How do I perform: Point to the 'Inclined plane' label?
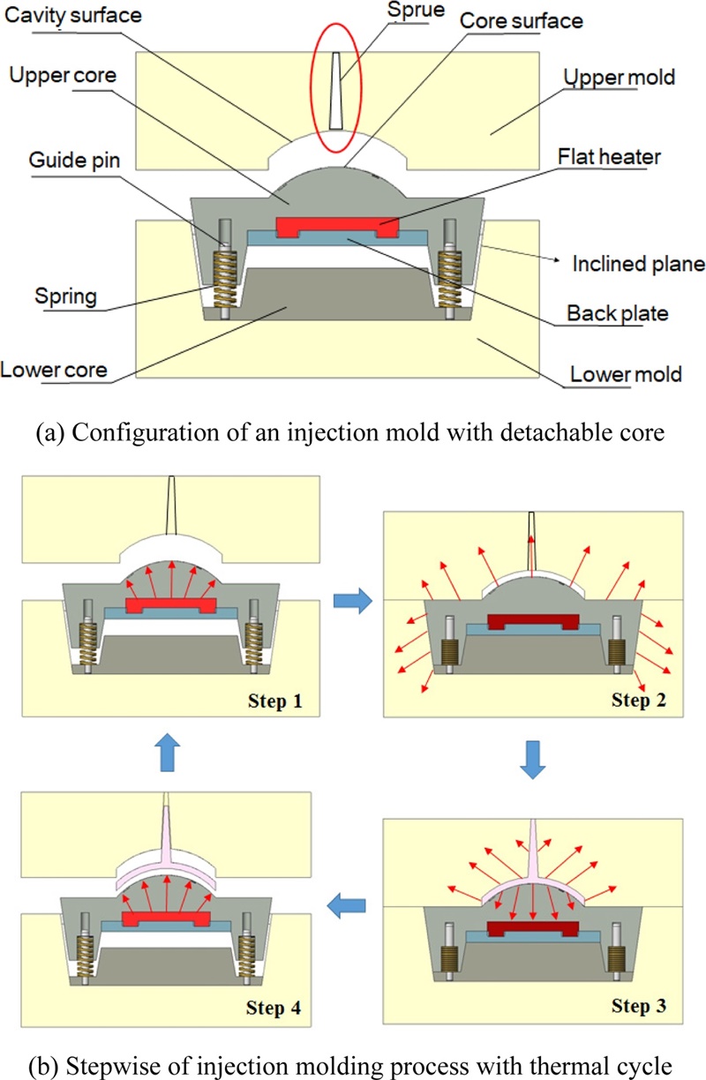pyautogui.click(x=638, y=263)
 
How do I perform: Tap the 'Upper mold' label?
pyautogui.click(x=620, y=78)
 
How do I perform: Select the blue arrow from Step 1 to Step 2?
pyautogui.click(x=350, y=600)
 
